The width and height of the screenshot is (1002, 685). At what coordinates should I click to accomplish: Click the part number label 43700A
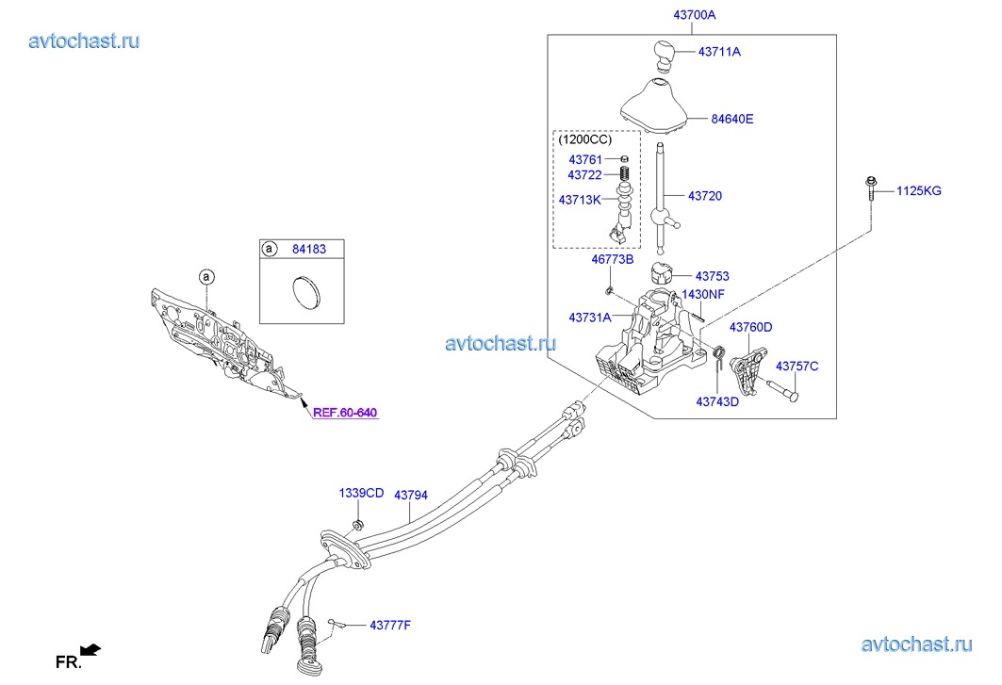(695, 15)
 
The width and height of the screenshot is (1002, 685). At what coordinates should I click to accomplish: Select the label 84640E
(733, 120)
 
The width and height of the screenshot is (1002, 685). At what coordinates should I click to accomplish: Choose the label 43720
(705, 196)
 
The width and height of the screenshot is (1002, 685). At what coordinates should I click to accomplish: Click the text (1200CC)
(584, 139)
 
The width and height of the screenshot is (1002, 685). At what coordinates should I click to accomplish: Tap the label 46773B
(613, 259)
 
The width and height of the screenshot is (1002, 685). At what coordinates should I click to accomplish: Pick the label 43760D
(752, 327)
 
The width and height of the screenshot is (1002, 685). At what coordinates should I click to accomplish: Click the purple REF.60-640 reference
(345, 412)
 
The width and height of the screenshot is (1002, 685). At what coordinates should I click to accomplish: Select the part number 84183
(310, 250)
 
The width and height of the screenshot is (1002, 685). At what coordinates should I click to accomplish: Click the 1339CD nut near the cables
(357, 525)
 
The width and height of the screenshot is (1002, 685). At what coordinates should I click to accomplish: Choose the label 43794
(411, 495)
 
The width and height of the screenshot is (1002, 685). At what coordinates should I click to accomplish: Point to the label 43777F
(390, 626)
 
